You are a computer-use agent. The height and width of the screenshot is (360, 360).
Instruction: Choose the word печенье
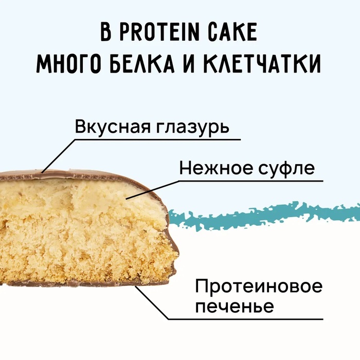(234, 307)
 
